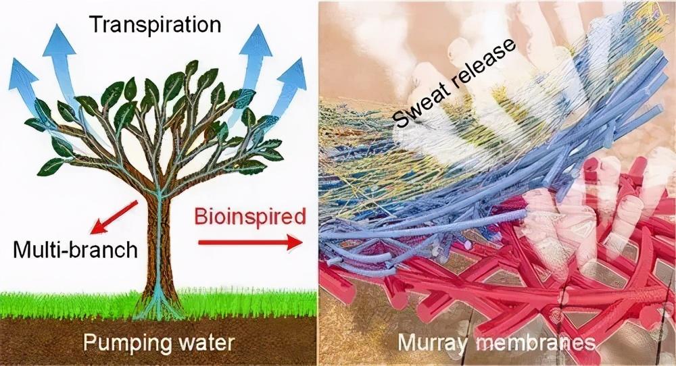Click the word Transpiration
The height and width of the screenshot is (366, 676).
pyautogui.click(x=155, y=24)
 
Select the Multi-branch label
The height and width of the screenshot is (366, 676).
pyautogui.click(x=75, y=251)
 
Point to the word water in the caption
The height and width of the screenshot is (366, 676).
pyautogui.click(x=203, y=342)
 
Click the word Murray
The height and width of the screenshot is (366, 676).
pyautogui.click(x=433, y=342)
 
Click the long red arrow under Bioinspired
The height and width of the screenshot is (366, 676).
pyautogui.click(x=250, y=241)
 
